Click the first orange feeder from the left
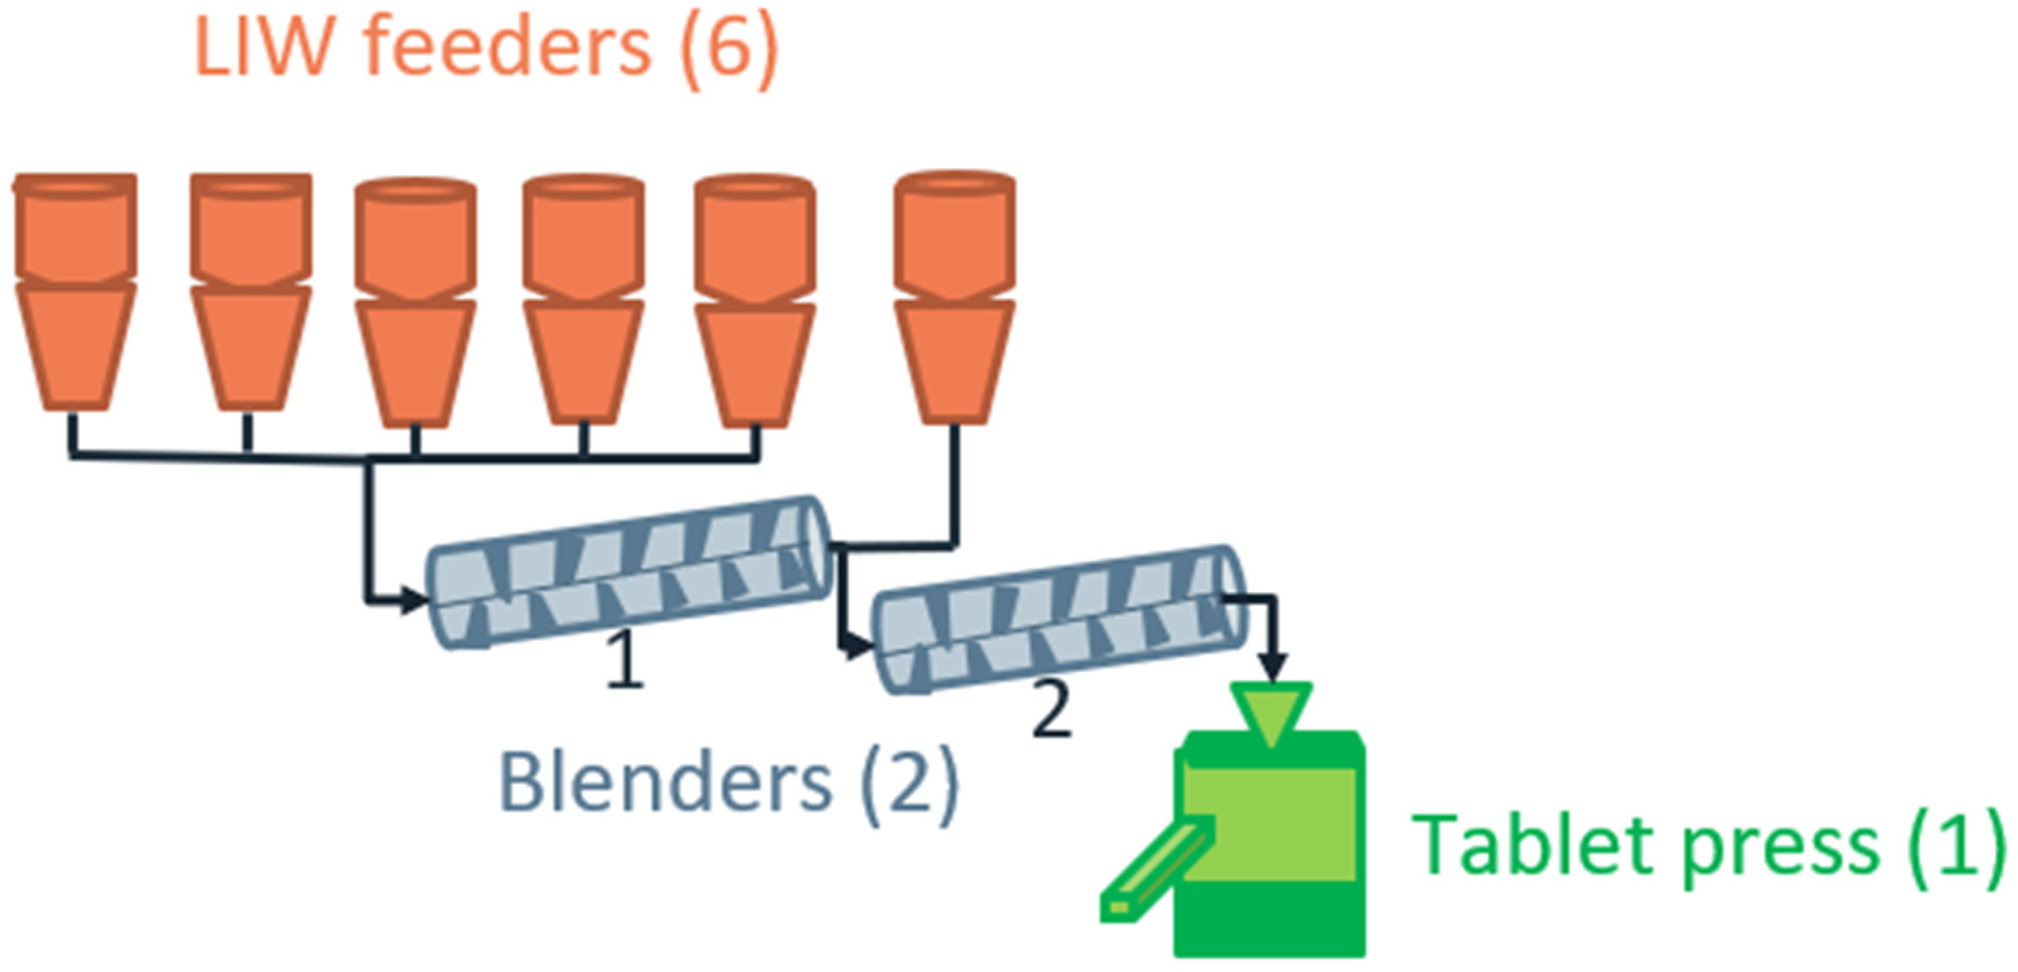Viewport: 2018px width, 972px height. click(75, 290)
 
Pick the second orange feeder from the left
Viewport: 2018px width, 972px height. click(251, 290)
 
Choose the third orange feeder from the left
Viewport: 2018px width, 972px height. click(415, 301)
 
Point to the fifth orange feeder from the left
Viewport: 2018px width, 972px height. click(755, 301)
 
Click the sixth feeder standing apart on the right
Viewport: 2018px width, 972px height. click(955, 297)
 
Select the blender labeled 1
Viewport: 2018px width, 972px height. click(627, 572)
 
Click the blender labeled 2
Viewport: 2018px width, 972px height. click(1058, 618)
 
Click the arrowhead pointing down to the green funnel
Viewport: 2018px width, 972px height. click(1273, 668)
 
